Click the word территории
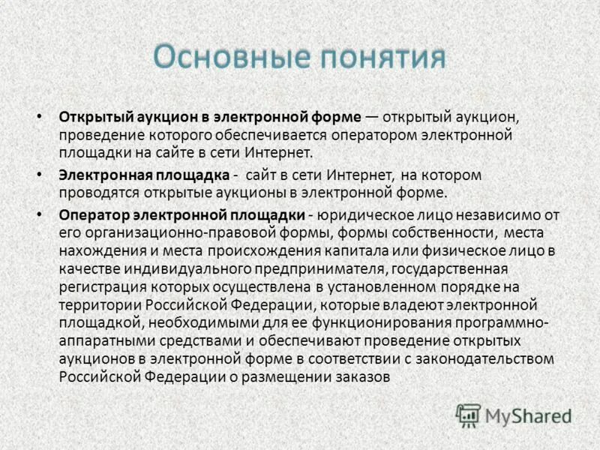[95, 304]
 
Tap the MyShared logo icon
[468, 415]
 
